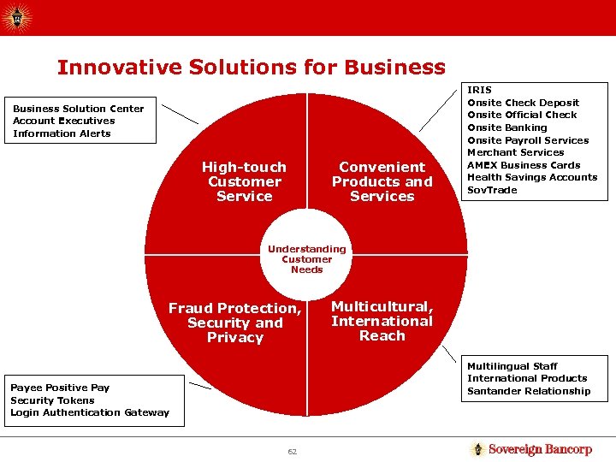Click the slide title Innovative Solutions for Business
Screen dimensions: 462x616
(x=251, y=68)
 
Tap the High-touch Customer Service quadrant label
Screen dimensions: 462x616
(x=244, y=181)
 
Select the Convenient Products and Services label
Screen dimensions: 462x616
(x=382, y=181)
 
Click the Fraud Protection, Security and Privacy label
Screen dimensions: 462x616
(x=234, y=323)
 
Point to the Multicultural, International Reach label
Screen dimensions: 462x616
(x=382, y=321)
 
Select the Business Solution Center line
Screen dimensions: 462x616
(x=79, y=109)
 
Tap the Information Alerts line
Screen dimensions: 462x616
(x=62, y=133)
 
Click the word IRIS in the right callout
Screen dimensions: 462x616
(x=479, y=90)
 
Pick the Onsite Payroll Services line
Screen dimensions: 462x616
(x=528, y=140)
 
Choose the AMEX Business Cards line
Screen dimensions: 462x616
(x=524, y=165)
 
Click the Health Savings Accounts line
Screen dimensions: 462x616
(x=532, y=177)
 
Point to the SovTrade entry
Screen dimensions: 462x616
(x=492, y=190)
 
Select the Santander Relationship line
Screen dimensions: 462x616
(x=529, y=391)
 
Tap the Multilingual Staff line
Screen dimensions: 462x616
(x=512, y=366)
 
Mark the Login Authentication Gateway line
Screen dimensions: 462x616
(x=90, y=412)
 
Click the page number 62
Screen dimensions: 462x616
(x=292, y=452)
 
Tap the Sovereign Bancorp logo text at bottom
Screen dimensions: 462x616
(x=540, y=449)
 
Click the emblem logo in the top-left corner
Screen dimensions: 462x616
(x=17, y=17)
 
